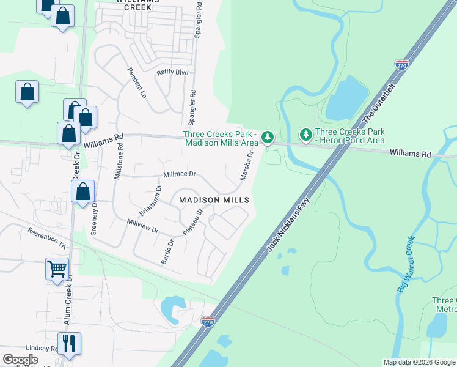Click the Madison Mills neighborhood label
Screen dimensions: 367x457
tap(214, 200)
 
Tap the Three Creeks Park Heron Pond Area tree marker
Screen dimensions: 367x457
tap(305, 134)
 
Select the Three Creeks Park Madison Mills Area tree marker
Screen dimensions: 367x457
tap(267, 138)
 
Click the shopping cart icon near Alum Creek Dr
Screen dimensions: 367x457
tap(57, 268)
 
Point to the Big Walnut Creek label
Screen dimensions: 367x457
tap(406, 264)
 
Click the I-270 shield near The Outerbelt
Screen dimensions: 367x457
tap(401, 65)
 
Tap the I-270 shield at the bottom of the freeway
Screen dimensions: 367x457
tap(208, 322)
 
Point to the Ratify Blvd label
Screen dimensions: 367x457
tap(172, 72)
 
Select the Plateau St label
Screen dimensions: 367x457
tap(199, 221)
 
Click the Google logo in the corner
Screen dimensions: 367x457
tap(20, 359)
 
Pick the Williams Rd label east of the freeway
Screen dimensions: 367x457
tap(411, 153)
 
